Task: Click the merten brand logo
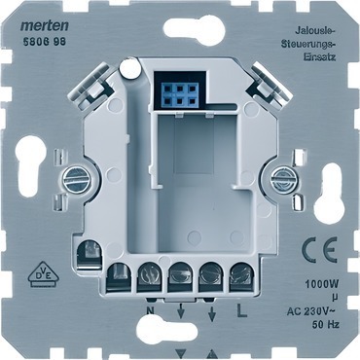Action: [45, 26]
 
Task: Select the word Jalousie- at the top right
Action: [315, 31]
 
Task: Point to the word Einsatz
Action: [319, 56]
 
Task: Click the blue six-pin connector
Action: [180, 94]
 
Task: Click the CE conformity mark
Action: [320, 250]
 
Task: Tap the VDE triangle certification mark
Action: [43, 274]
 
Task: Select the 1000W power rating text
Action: [322, 285]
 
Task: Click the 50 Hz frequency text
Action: [325, 324]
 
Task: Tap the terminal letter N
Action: [150, 311]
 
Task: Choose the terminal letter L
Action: [242, 311]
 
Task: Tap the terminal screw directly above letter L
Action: [242, 272]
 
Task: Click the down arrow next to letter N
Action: [181, 312]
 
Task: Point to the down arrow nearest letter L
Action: [212, 312]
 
